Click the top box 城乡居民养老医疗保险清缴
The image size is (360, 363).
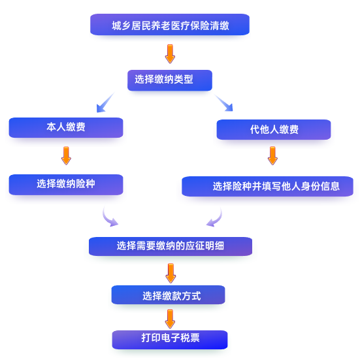[x=170, y=25]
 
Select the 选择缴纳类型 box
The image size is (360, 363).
[x=170, y=80]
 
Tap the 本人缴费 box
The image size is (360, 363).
[x=66, y=127]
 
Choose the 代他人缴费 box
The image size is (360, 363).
[x=274, y=129]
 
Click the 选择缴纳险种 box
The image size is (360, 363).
[x=66, y=185]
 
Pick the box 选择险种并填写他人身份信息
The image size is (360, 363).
[x=268, y=186]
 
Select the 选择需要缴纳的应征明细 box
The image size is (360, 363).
[x=171, y=246]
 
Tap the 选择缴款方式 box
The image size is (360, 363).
[x=168, y=294]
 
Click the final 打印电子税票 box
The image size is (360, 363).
[x=170, y=339]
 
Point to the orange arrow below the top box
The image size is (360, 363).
[x=170, y=54]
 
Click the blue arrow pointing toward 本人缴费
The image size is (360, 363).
[x=105, y=103]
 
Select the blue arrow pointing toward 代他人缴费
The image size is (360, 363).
[x=224, y=103]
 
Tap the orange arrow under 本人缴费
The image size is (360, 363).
[x=66, y=155]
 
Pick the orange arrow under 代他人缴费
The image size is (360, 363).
[x=272, y=155]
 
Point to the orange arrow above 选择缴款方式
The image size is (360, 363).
[x=171, y=273]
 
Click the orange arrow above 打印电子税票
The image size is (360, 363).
[x=170, y=319]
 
